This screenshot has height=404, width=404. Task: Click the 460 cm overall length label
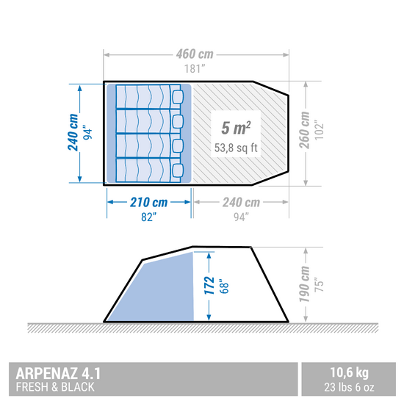coord(195,54)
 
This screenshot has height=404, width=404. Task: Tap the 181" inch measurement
coord(195,69)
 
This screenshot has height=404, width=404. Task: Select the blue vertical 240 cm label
coord(73,132)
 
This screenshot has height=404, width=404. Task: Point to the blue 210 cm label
coord(148,202)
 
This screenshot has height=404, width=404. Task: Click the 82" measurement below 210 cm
coord(148,217)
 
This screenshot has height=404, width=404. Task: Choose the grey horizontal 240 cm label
coord(241,202)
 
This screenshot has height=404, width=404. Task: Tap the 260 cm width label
coord(304,130)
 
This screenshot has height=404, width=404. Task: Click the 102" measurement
coord(319,130)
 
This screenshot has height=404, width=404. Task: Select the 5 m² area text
coord(236,128)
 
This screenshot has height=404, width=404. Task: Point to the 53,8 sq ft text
coord(236,148)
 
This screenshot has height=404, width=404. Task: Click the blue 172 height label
coord(209,286)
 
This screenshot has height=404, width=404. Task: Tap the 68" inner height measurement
coord(223,286)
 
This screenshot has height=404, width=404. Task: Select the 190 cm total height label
coord(304,284)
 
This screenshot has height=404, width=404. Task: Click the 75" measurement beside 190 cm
coord(319,284)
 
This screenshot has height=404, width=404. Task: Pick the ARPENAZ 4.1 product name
coord(58,373)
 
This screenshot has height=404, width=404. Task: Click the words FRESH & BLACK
coord(55,387)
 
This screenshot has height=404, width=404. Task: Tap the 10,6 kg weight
coord(350,372)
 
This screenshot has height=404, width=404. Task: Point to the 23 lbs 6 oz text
coord(349,387)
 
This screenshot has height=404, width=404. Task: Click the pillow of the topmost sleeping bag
coord(178,96)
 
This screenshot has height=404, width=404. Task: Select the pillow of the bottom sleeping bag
coord(178,170)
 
